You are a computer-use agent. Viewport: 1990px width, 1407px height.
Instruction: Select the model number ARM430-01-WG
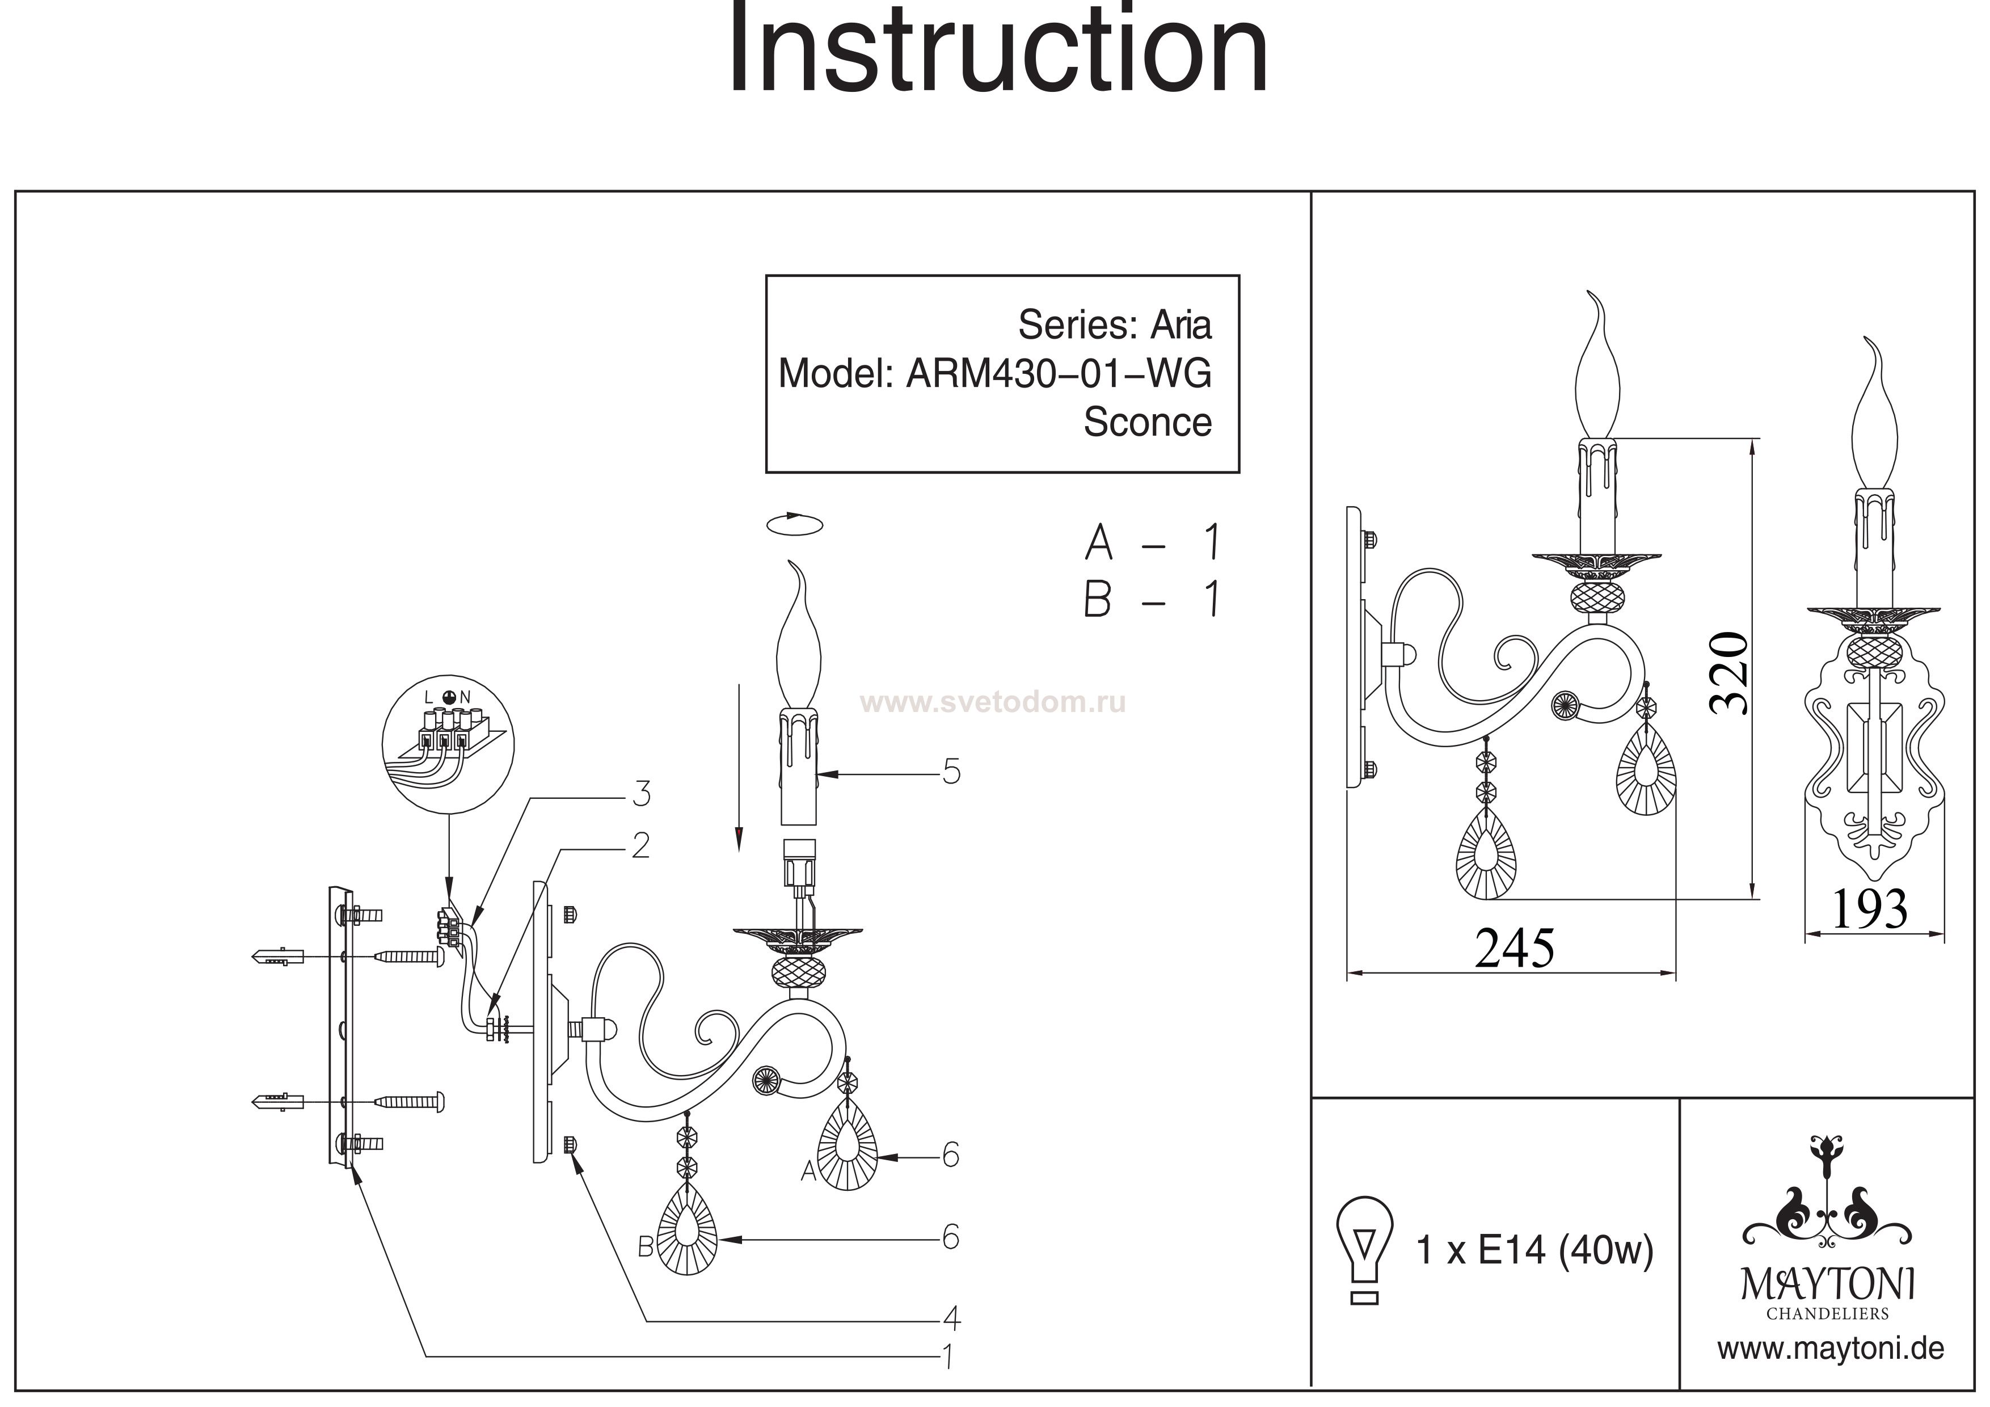click(1059, 374)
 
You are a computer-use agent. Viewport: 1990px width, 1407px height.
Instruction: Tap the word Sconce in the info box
click(1146, 422)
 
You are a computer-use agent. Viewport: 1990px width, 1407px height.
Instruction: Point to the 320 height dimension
click(1729, 673)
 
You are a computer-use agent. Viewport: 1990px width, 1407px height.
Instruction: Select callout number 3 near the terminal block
click(642, 793)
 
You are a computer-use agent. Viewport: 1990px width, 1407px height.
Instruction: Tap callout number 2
click(640, 845)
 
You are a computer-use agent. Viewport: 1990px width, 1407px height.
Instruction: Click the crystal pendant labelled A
click(847, 1148)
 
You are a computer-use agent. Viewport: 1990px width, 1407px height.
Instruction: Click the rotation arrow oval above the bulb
click(794, 524)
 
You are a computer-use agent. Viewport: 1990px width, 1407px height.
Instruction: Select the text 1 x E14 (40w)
click(1534, 1250)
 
